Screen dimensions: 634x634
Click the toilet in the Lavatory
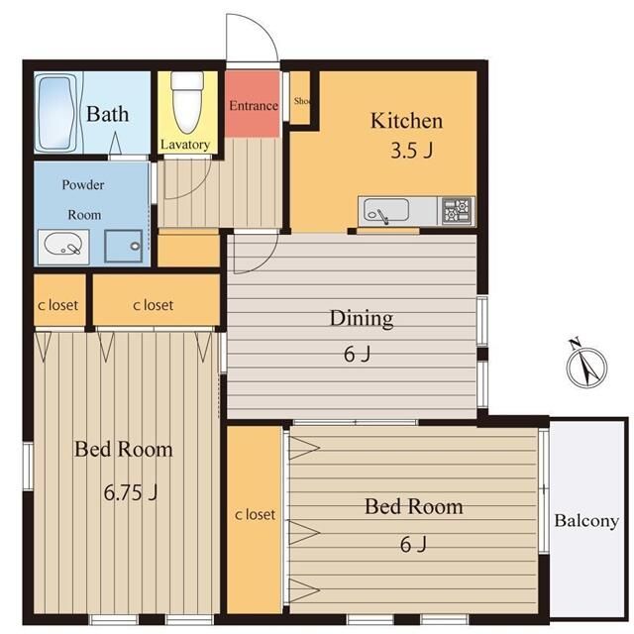[187, 103]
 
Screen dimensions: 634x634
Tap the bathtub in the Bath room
[56, 113]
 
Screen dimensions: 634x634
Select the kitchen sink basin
[385, 210]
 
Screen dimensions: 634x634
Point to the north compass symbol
[586, 366]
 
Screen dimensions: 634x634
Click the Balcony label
[586, 521]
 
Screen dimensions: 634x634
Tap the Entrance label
[254, 106]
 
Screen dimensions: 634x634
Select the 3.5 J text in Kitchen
[412, 151]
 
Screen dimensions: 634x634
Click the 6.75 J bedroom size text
[130, 492]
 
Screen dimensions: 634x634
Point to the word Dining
[362, 318]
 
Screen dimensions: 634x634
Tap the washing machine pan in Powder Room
[123, 247]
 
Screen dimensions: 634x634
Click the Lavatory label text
[185, 145]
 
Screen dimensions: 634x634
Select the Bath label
[108, 114]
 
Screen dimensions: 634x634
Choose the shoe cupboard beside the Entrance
[300, 98]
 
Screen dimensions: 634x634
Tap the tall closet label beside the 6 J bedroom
[255, 515]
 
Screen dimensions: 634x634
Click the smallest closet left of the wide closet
[59, 300]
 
